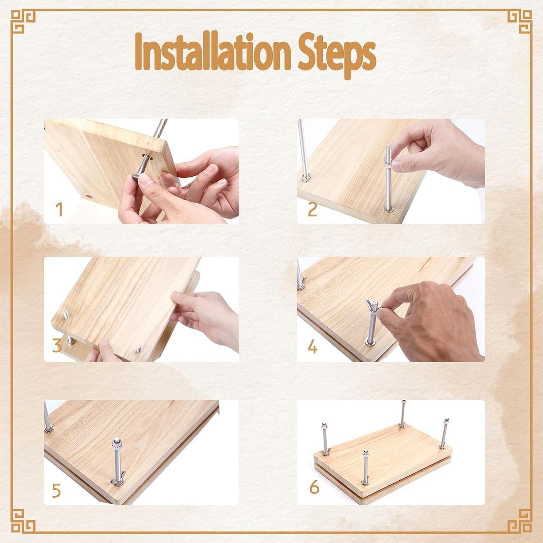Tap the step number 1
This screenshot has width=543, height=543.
tap(59, 210)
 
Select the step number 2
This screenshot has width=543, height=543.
tap(312, 210)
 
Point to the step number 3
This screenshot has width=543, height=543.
tap(57, 345)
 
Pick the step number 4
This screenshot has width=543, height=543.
tap(312, 347)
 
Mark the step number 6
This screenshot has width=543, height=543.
tap(314, 487)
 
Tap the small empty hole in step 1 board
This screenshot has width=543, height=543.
tap(89, 197)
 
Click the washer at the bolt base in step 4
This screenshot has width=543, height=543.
tap(370, 342)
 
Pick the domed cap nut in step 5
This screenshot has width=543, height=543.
tap(116, 441)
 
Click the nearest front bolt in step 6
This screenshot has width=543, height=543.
tap(365, 468)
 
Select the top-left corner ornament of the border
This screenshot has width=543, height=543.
tap(23, 21)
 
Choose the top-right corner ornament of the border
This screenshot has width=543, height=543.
tap(520, 21)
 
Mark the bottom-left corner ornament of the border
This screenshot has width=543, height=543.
tap(23, 521)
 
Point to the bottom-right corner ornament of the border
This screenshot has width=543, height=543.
tap(520, 521)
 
